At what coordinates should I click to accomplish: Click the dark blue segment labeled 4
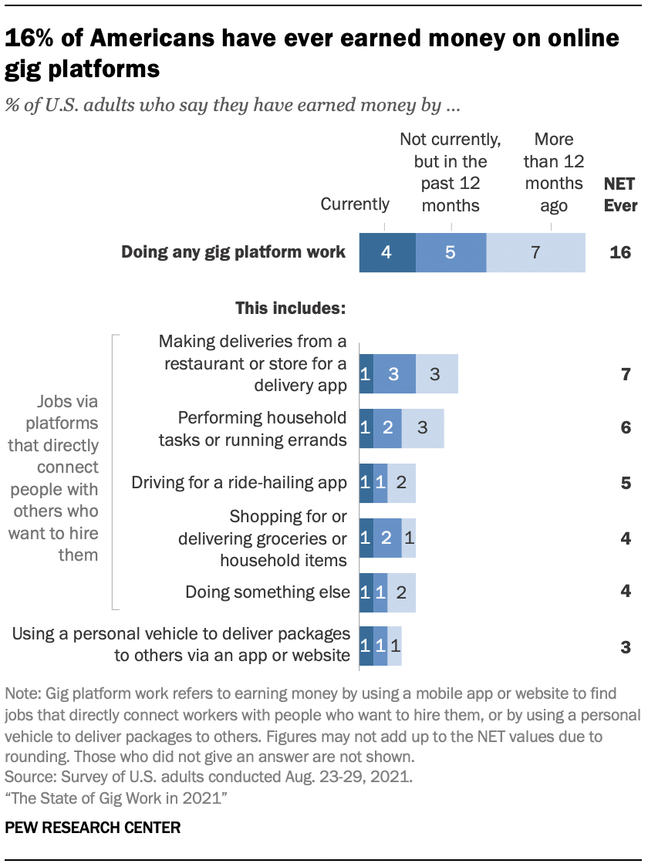(x=387, y=252)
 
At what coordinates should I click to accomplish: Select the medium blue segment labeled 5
(x=451, y=252)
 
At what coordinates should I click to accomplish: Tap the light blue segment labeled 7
(x=535, y=252)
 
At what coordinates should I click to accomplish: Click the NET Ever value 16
(x=620, y=252)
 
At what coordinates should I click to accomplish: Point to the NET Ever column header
(x=620, y=194)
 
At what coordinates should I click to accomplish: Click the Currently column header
(x=355, y=204)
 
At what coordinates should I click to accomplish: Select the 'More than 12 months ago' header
(x=554, y=172)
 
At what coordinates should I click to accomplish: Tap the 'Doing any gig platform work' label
(x=233, y=252)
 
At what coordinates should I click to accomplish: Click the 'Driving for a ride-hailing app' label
(x=239, y=483)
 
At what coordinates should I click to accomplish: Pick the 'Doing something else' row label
(x=268, y=592)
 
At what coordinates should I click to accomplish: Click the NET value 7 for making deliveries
(x=626, y=375)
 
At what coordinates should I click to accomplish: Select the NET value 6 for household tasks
(x=626, y=429)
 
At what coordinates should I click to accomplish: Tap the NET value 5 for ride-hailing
(x=626, y=484)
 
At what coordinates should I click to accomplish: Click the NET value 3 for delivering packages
(x=626, y=646)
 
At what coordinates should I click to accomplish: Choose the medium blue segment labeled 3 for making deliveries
(x=394, y=375)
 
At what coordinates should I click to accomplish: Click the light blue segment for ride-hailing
(x=402, y=484)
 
